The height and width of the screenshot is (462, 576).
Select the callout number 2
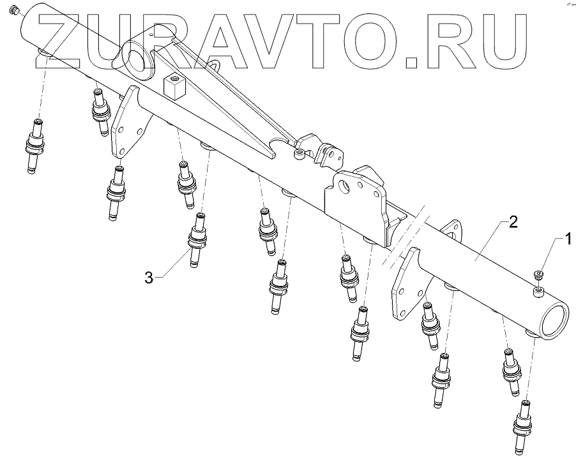coord(513,223)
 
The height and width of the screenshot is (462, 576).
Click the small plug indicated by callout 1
coord(538,274)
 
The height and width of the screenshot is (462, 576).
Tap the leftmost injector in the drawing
coord(36,144)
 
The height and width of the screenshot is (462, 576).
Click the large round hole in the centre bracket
coord(345,187)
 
